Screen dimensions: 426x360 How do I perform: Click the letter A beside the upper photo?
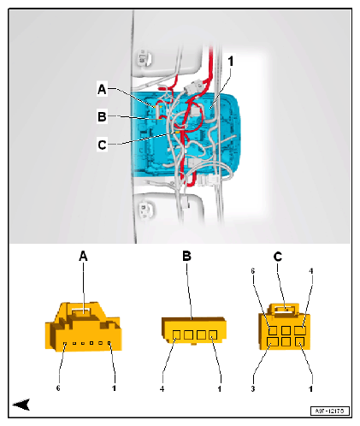tap(102, 89)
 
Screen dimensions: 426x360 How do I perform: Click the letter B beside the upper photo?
tap(102, 117)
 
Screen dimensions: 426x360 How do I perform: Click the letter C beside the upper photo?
tap(102, 145)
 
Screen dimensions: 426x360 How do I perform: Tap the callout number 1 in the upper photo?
tap(230, 62)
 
